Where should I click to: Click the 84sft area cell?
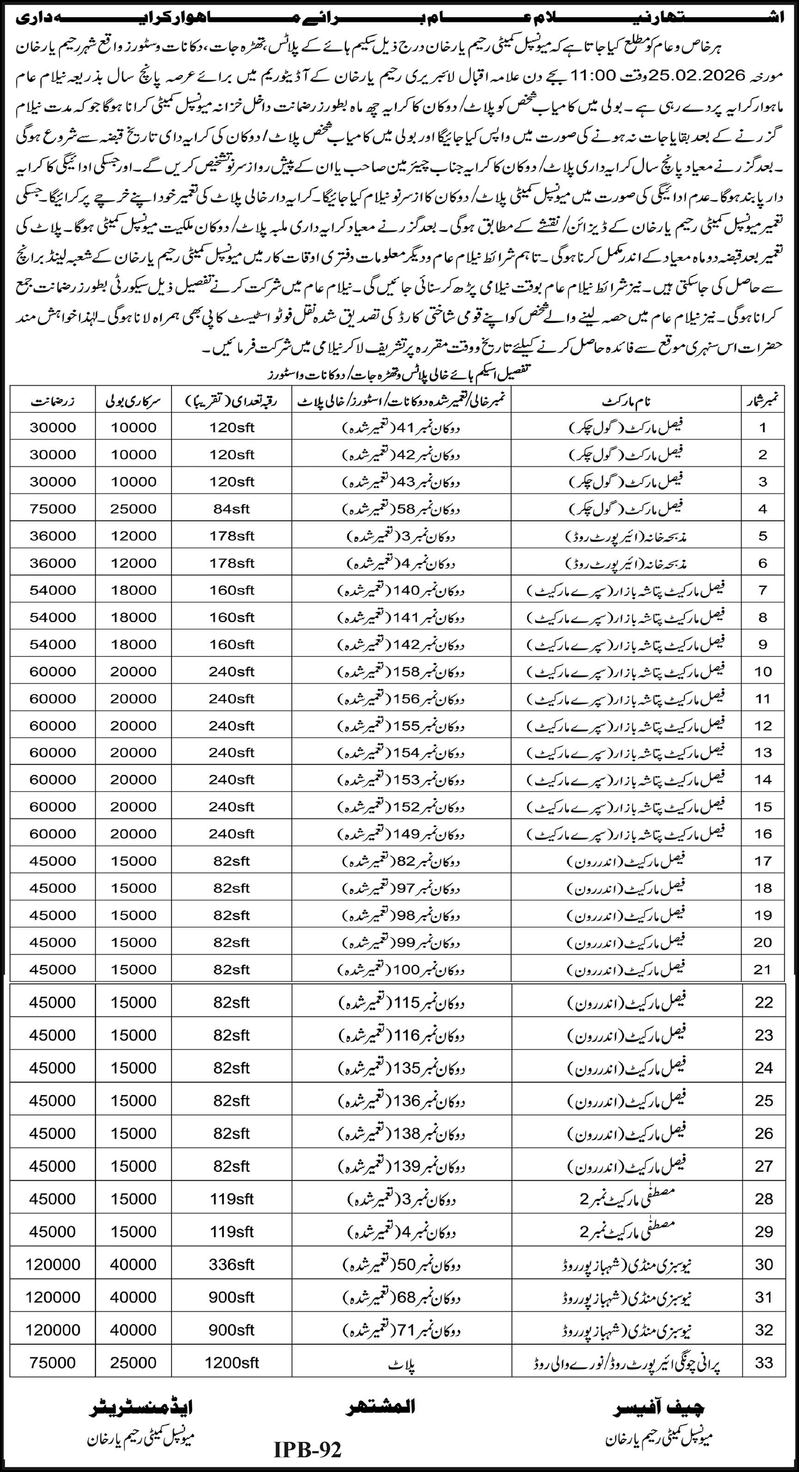click(x=231, y=509)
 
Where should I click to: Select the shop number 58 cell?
click(x=401, y=509)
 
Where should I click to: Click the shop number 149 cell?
click(x=401, y=834)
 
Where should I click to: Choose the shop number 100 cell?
click(x=401, y=970)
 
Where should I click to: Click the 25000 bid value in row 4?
click(x=133, y=509)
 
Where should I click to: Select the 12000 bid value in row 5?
click(x=133, y=536)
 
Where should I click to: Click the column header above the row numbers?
click(x=763, y=401)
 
